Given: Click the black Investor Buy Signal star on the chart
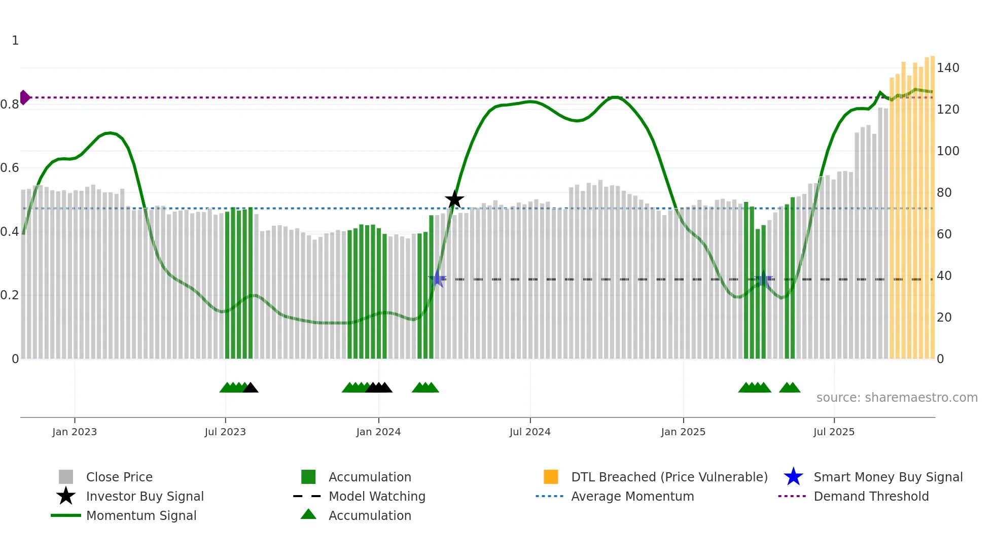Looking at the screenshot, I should [x=454, y=199].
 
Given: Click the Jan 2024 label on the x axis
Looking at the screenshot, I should [x=378, y=432].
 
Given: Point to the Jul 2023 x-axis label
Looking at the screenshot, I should [x=225, y=432].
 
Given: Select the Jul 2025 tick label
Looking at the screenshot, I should [x=834, y=432].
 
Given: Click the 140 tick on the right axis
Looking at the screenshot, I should [x=947, y=67].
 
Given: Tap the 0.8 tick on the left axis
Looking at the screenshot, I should [x=10, y=104].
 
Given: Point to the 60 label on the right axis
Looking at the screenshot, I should [x=944, y=234].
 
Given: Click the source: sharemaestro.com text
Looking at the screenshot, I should [x=897, y=397].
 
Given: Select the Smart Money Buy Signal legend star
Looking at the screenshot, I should [x=793, y=477].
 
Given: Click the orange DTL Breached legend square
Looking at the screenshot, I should [x=551, y=477].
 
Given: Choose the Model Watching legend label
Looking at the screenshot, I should [x=377, y=496].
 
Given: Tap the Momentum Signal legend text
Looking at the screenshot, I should [x=141, y=515].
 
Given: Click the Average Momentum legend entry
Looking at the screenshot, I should [x=632, y=496].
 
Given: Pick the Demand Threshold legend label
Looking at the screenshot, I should [x=871, y=496].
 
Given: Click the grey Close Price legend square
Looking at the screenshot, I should [x=66, y=477].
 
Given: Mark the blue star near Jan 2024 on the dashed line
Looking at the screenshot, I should [x=437, y=278].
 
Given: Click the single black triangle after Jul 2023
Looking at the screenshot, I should [x=251, y=388].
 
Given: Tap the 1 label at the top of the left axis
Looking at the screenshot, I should [x=15, y=41].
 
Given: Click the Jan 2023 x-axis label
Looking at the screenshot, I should [x=74, y=432].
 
